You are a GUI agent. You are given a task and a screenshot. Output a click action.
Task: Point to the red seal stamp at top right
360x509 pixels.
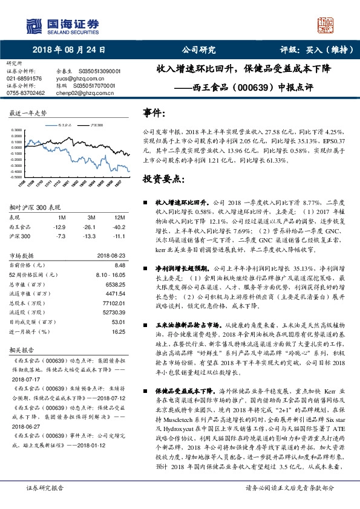tap(327, 25)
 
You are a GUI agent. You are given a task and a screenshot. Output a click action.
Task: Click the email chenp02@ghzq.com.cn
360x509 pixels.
tap(77, 93)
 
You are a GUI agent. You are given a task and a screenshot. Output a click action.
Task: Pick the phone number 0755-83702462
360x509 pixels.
tap(25, 93)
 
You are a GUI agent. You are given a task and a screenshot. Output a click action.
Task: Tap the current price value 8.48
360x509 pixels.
tap(119, 265)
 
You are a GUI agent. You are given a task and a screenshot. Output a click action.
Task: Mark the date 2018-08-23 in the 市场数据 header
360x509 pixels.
tap(110, 256)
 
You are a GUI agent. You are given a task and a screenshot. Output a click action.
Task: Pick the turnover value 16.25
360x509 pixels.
tap(118, 331)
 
